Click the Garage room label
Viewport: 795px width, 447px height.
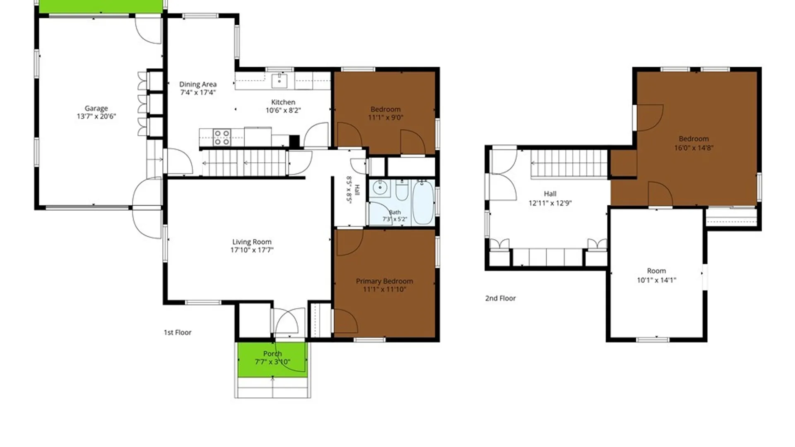pos(96,108)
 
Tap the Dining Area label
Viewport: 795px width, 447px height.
pos(198,84)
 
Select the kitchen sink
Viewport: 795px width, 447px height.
pos(279,81)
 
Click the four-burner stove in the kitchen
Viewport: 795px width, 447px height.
pos(222,138)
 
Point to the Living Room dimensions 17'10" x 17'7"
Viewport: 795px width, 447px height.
pos(252,250)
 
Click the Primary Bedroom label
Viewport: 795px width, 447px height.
pos(384,281)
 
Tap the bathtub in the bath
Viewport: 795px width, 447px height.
pos(423,202)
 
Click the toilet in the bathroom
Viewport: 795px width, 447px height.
pos(402,190)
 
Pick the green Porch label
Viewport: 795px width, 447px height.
pos(272,354)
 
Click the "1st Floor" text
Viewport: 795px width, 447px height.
pos(178,332)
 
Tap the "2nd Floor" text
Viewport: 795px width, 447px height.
pos(501,298)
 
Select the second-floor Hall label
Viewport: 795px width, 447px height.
pos(550,194)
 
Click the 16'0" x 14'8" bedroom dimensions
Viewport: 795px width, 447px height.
pos(694,148)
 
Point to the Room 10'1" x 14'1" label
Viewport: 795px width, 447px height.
pos(656,276)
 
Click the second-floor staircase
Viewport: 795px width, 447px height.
pos(569,163)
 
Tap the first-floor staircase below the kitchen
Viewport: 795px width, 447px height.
pos(244,163)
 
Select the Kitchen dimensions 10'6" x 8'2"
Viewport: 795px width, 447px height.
pos(283,111)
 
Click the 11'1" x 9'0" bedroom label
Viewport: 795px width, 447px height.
pos(385,113)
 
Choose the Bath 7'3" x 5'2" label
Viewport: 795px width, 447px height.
pos(395,216)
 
